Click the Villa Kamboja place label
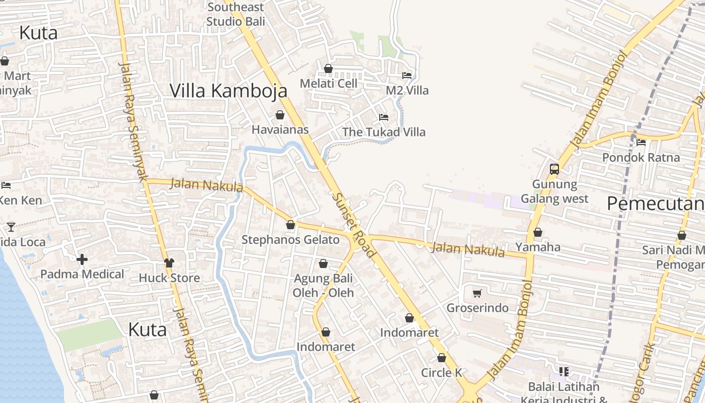click(x=228, y=91)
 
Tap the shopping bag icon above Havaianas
click(x=280, y=115)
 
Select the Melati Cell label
click(x=328, y=83)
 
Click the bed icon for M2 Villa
click(x=407, y=76)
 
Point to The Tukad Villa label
click(x=384, y=132)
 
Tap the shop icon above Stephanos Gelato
click(x=291, y=225)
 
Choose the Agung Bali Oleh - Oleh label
click(x=323, y=285)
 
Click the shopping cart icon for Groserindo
click(x=477, y=293)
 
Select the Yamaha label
click(x=538, y=247)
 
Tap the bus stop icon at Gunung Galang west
click(x=554, y=169)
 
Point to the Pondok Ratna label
click(x=641, y=157)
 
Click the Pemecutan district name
click(x=655, y=204)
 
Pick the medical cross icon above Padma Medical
click(x=82, y=259)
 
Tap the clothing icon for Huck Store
click(x=169, y=263)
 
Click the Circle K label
click(x=442, y=373)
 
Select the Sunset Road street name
click(x=354, y=225)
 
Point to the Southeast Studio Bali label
click(x=235, y=14)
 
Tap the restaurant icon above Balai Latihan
click(x=564, y=372)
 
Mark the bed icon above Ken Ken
click(x=6, y=185)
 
